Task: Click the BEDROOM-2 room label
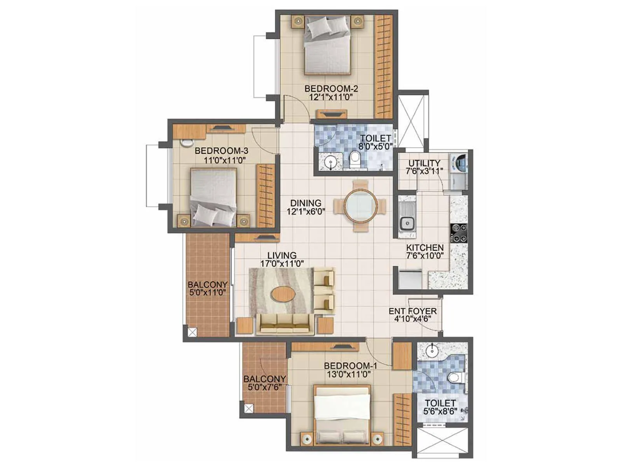tap(331, 89)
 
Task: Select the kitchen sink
tap(407, 223)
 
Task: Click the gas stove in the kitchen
tap(459, 233)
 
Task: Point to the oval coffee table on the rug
tap(283, 293)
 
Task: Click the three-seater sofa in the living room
tap(285, 324)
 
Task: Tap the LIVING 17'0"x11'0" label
tap(282, 259)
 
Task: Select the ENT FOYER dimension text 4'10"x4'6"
tap(412, 319)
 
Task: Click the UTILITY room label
tap(424, 163)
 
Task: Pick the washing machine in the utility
tap(459, 163)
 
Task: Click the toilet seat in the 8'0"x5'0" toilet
tap(355, 158)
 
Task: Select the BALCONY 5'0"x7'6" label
tap(264, 383)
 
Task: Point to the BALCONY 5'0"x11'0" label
tap(207, 288)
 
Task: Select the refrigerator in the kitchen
tap(409, 279)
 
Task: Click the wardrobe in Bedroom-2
tap(384, 66)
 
